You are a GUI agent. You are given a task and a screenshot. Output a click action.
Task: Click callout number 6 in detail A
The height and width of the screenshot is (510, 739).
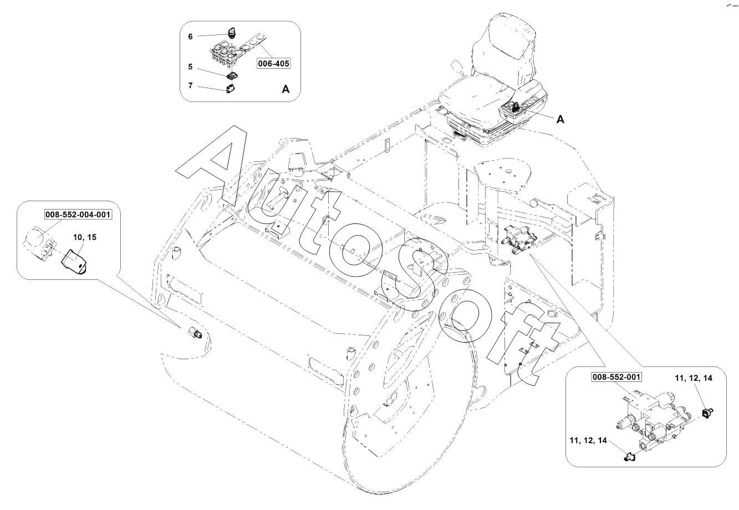pos(190,37)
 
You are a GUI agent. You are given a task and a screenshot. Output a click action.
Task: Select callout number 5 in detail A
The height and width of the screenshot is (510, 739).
pos(190,67)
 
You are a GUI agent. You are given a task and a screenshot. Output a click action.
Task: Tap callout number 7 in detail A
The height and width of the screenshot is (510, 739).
pos(190,86)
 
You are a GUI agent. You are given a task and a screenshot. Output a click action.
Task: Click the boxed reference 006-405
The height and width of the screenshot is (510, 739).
pos(273,64)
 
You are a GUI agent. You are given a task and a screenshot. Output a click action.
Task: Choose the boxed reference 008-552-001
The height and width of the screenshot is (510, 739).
pos(616,378)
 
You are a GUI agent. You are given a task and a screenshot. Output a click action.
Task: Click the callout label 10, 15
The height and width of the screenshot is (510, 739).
pos(85,237)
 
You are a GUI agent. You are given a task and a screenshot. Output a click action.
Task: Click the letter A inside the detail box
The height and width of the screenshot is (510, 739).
pos(286,89)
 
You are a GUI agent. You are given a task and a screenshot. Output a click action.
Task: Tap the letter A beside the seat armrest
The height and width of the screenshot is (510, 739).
pos(560,119)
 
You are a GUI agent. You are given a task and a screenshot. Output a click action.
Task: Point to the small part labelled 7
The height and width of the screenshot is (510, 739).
pos(231,88)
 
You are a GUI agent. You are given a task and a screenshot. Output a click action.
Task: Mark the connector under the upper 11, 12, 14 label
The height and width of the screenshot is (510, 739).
pos(707,412)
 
